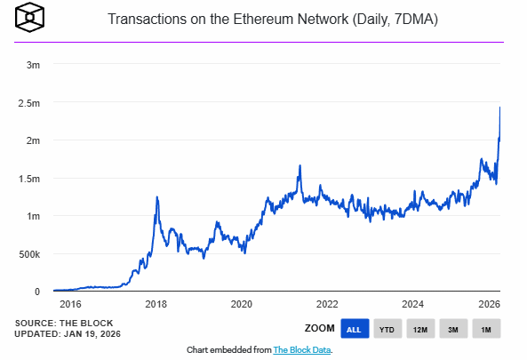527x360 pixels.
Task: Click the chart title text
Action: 278,19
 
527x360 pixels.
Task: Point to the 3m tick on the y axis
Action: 32,65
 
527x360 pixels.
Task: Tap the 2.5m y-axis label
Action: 28,103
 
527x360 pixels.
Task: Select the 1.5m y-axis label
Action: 28,179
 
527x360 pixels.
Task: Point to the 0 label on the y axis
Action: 36,292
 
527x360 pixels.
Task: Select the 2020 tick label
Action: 241,304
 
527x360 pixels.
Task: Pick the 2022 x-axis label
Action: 327,304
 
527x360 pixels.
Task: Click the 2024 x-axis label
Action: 413,304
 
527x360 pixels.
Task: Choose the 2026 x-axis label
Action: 489,304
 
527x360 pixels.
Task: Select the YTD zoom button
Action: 387,329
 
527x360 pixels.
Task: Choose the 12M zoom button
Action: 420,329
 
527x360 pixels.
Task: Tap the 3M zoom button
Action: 453,329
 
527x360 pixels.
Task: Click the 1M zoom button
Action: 486,329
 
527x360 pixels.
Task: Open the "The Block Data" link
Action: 301,350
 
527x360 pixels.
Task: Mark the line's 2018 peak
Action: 157,197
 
